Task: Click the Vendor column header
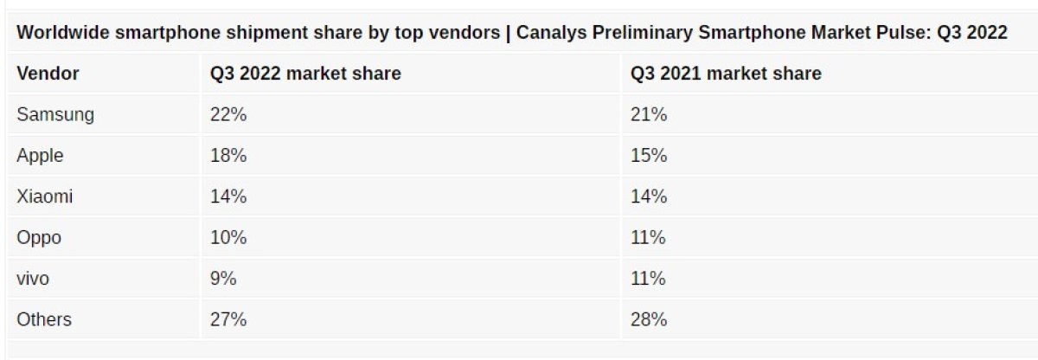(x=48, y=74)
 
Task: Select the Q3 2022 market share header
(x=305, y=74)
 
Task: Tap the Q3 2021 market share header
(x=726, y=74)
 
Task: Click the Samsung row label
(x=55, y=115)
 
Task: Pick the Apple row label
(x=40, y=156)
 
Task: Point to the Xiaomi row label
(x=44, y=196)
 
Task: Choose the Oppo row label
(x=39, y=238)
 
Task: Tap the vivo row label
(x=35, y=279)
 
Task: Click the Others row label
(x=44, y=320)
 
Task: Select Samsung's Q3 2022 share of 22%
(x=228, y=115)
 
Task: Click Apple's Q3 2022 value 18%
(x=228, y=156)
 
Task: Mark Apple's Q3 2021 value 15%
(x=648, y=156)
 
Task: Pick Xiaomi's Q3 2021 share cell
(x=648, y=196)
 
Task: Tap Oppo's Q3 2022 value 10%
(x=228, y=238)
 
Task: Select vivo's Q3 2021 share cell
(x=648, y=279)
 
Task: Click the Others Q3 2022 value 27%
(x=228, y=320)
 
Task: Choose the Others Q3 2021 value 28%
(x=648, y=320)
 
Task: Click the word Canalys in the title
(x=550, y=33)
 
